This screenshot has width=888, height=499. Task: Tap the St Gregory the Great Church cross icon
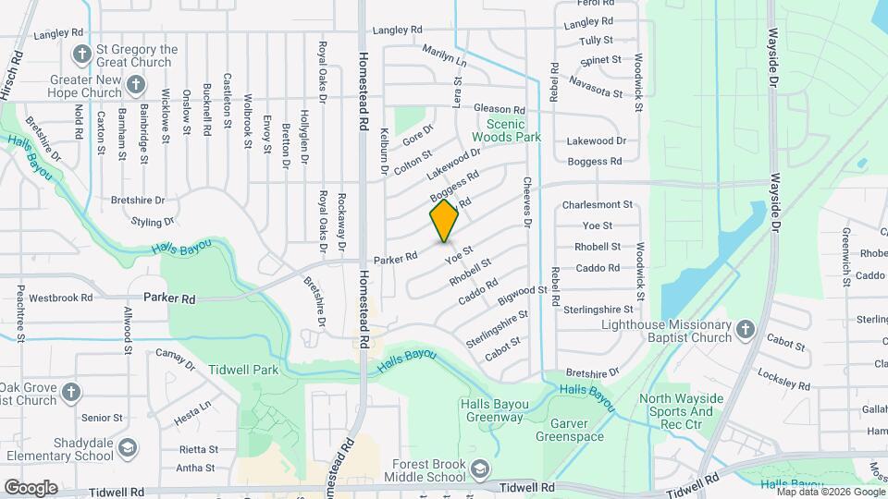point(81,54)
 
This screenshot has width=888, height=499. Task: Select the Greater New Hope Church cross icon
point(135,87)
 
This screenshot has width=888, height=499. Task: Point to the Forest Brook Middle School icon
point(479,471)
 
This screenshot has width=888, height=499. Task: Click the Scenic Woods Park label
point(506,130)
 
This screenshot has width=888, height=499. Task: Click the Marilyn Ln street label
point(445,57)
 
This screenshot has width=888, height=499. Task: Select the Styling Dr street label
point(153,222)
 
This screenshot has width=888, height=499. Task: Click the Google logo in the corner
point(31,487)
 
